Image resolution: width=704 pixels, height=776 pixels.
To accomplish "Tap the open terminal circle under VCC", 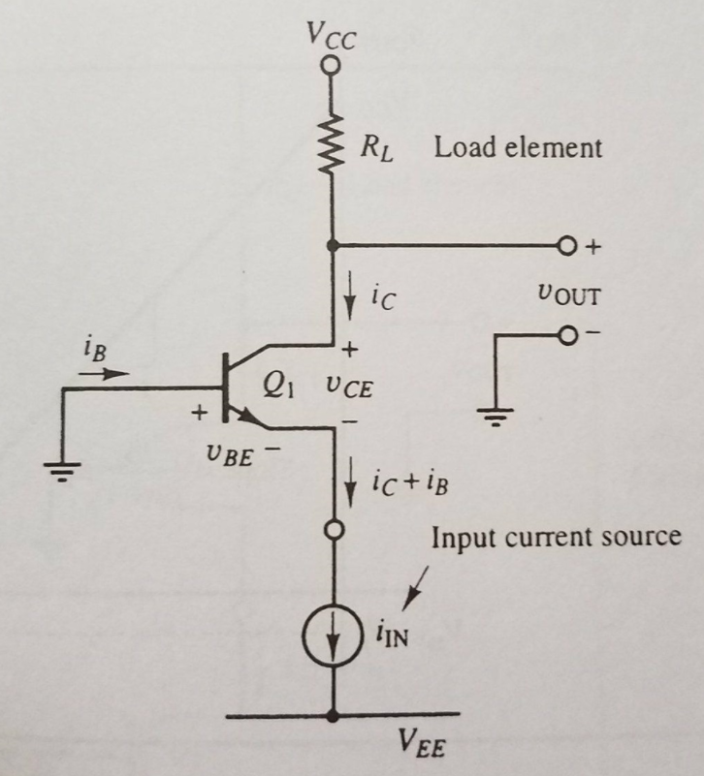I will pyautogui.click(x=332, y=65).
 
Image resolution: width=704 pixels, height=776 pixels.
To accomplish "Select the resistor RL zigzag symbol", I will pyautogui.click(x=332, y=145).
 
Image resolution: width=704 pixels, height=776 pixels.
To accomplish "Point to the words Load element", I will pyautogui.click(x=518, y=148).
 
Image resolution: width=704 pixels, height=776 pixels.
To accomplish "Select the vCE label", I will pyautogui.click(x=347, y=389).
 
